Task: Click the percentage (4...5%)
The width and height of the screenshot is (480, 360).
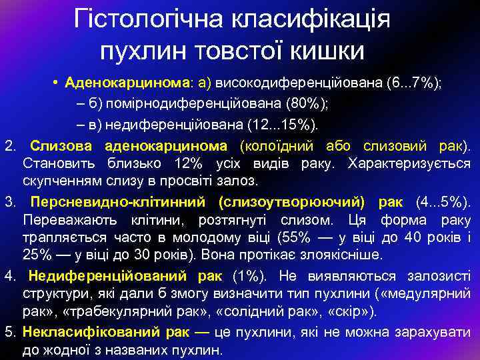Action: (441, 201)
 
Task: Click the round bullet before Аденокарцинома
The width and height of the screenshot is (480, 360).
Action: (59, 83)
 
